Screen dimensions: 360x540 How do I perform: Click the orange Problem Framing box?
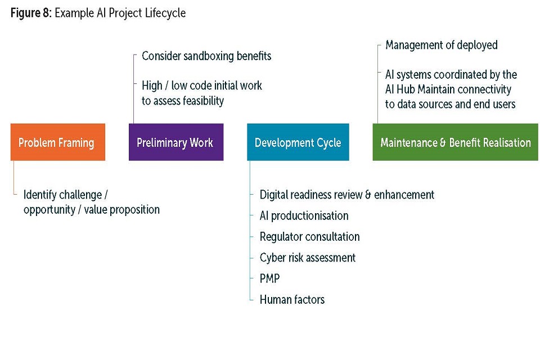click(57, 142)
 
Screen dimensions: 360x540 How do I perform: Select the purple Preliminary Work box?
click(175, 142)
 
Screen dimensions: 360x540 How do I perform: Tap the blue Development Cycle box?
click(298, 142)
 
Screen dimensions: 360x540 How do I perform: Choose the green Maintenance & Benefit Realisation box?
click(455, 142)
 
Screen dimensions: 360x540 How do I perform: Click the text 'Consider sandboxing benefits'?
click(206, 56)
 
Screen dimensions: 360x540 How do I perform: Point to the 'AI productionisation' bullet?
click(304, 216)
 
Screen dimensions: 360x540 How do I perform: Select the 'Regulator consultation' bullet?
click(309, 237)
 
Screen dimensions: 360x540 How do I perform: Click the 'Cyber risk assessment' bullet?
click(307, 258)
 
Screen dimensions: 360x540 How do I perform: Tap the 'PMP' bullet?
click(269, 278)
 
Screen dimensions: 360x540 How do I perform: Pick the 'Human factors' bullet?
click(292, 299)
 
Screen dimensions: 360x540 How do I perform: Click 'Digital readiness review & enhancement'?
click(346, 195)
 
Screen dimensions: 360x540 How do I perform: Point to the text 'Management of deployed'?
click(441, 46)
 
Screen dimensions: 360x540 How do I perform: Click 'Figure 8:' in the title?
click(30, 13)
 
